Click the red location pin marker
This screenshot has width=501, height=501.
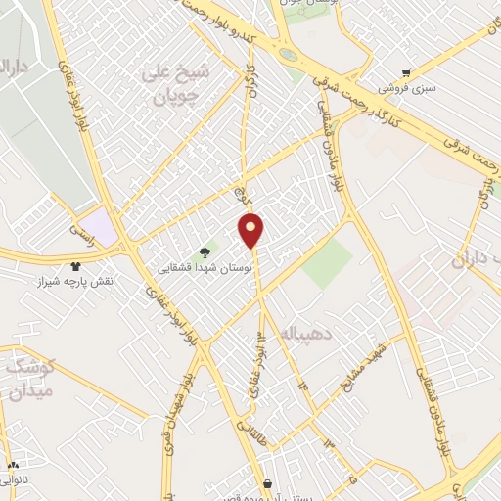click(251, 229)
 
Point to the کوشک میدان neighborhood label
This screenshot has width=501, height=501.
click(29, 379)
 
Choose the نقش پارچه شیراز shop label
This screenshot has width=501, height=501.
click(76, 281)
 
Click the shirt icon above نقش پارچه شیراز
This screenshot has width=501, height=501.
click(76, 265)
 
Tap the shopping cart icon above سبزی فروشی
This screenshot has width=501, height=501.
click(407, 72)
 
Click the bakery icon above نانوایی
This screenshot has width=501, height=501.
click(13, 466)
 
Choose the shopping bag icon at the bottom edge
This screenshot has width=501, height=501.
click(267, 482)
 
